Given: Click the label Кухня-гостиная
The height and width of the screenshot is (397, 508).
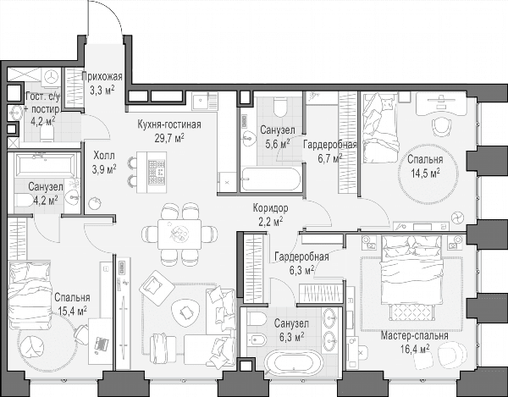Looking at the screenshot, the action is pos(169,124).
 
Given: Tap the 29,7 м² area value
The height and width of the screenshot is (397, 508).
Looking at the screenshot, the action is pos(169,138).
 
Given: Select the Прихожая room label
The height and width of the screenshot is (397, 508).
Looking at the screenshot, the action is pos(102,77).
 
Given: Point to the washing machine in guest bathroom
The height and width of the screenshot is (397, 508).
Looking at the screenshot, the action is pos(52,77).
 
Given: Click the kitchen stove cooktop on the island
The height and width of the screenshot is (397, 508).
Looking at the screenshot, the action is pos(157,173).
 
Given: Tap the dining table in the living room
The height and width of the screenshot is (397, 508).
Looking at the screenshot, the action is pos(179,234).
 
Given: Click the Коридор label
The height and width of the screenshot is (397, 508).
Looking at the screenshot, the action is pos(270,208).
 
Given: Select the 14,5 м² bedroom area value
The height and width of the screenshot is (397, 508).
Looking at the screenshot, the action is pos(425,174).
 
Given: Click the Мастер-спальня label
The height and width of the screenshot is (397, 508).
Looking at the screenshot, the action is pos(414,336).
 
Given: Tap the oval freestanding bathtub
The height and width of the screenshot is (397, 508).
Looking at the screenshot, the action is pos(294,362).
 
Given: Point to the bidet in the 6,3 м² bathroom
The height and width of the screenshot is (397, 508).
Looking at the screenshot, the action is pos(257,340).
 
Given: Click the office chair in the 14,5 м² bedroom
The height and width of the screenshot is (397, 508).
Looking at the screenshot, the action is pos(442,127).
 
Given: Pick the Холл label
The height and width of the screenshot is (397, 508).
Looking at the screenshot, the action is pos(104,156).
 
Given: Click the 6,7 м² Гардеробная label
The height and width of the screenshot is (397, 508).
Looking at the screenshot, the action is pos(330,152).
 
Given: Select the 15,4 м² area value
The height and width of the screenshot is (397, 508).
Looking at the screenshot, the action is pos(72,312).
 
